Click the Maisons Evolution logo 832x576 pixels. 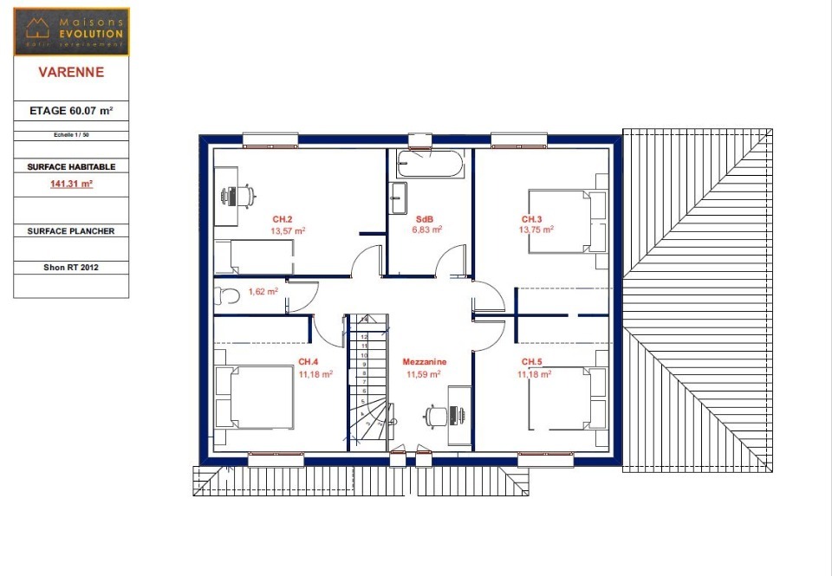point(72,31)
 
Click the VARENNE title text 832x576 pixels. point(71,73)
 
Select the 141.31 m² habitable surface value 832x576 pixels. point(71,184)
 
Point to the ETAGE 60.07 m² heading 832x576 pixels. point(71,111)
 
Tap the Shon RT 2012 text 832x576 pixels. point(71,268)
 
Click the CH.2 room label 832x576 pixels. point(283,219)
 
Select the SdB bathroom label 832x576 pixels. point(425,219)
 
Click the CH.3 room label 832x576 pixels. point(531,219)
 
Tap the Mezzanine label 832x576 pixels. point(423,361)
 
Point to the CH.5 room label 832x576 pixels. point(531,361)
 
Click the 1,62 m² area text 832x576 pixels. point(263,292)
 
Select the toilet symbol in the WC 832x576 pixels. point(227,295)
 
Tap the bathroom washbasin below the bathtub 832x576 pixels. point(399,198)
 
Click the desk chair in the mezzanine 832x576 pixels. point(434,416)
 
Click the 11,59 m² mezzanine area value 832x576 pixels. point(423,374)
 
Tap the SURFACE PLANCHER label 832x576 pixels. point(71,231)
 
